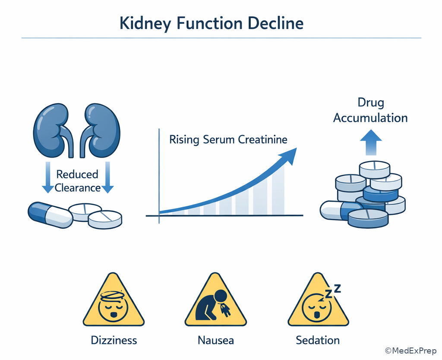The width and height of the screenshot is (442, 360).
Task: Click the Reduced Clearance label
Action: pos(77,181)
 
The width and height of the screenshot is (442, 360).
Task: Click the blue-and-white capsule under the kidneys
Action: pos(50,215)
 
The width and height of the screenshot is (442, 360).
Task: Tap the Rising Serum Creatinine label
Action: pos(228,140)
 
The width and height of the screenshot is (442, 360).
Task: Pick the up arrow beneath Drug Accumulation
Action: pos(371,142)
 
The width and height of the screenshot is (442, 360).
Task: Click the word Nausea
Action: pos(215,340)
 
